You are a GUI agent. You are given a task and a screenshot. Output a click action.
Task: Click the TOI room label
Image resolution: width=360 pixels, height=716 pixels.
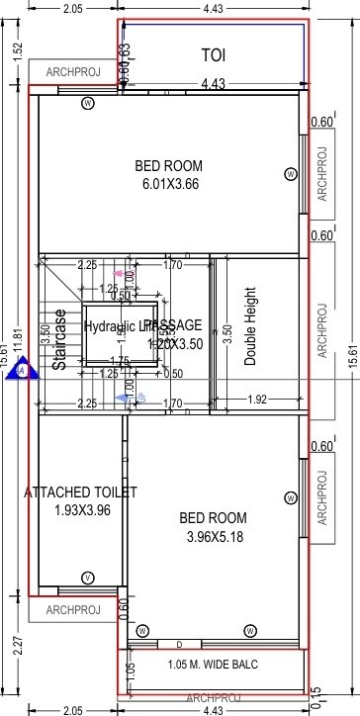pyautogui.click(x=213, y=54)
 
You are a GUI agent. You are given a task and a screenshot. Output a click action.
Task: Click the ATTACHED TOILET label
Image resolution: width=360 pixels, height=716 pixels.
pyautogui.click(x=80, y=492)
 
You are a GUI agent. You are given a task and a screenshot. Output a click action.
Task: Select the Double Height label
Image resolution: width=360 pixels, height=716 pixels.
pyautogui.click(x=250, y=327)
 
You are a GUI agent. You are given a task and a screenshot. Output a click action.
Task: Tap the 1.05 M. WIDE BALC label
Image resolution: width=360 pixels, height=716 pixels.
pyautogui.click(x=213, y=664)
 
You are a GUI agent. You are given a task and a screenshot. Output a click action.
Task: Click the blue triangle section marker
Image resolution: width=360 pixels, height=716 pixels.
pyautogui.click(x=23, y=369)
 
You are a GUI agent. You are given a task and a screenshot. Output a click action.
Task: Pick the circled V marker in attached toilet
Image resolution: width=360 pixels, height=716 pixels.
pyautogui.click(x=88, y=578)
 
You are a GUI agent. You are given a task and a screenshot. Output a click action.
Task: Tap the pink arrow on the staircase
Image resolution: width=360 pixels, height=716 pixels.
pyautogui.click(x=120, y=273)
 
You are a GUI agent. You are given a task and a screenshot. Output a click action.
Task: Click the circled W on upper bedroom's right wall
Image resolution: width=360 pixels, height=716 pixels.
pyautogui.click(x=290, y=174)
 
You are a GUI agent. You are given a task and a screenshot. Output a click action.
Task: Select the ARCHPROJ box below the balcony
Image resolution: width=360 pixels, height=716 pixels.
pyautogui.click(x=213, y=697)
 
